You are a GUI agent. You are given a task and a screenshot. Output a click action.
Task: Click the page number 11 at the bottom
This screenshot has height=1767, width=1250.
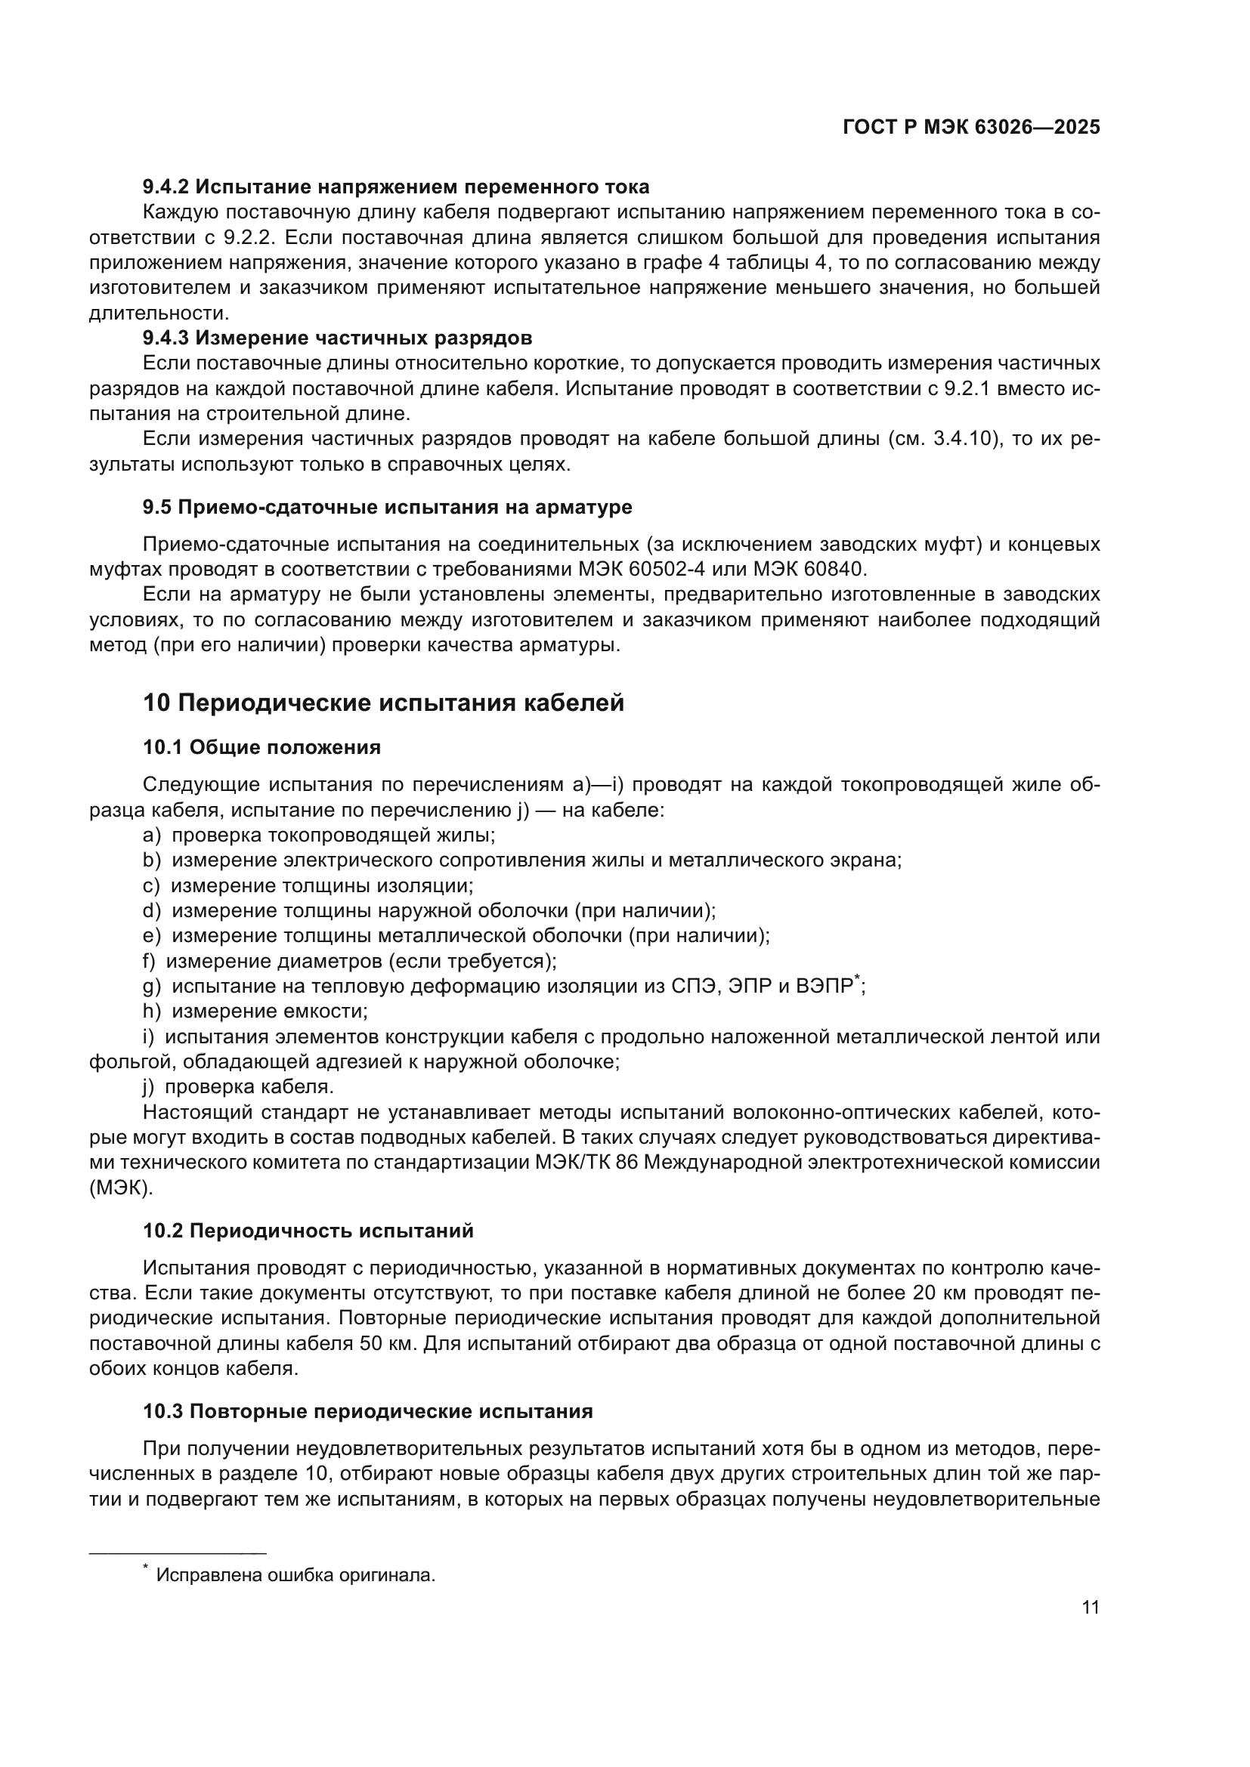1090,1608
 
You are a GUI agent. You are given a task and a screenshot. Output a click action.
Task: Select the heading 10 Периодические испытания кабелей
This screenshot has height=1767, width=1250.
383,703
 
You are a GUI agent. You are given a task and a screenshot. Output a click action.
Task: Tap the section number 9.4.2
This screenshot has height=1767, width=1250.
166,187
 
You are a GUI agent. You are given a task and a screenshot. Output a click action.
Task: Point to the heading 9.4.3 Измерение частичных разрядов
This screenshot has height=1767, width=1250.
337,338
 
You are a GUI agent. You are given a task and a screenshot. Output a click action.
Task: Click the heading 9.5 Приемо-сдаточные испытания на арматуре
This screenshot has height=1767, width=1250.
387,507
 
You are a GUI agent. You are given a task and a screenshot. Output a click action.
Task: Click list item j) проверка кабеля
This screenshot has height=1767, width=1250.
239,1086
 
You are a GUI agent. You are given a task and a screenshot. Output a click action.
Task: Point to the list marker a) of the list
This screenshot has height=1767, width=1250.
152,835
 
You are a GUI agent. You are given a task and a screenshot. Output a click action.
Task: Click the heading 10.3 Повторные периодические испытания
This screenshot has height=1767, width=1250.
368,1411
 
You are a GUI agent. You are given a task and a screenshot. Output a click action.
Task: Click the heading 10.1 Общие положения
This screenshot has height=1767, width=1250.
261,747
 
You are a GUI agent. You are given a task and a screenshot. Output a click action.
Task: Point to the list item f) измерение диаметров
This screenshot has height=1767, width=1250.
350,961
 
